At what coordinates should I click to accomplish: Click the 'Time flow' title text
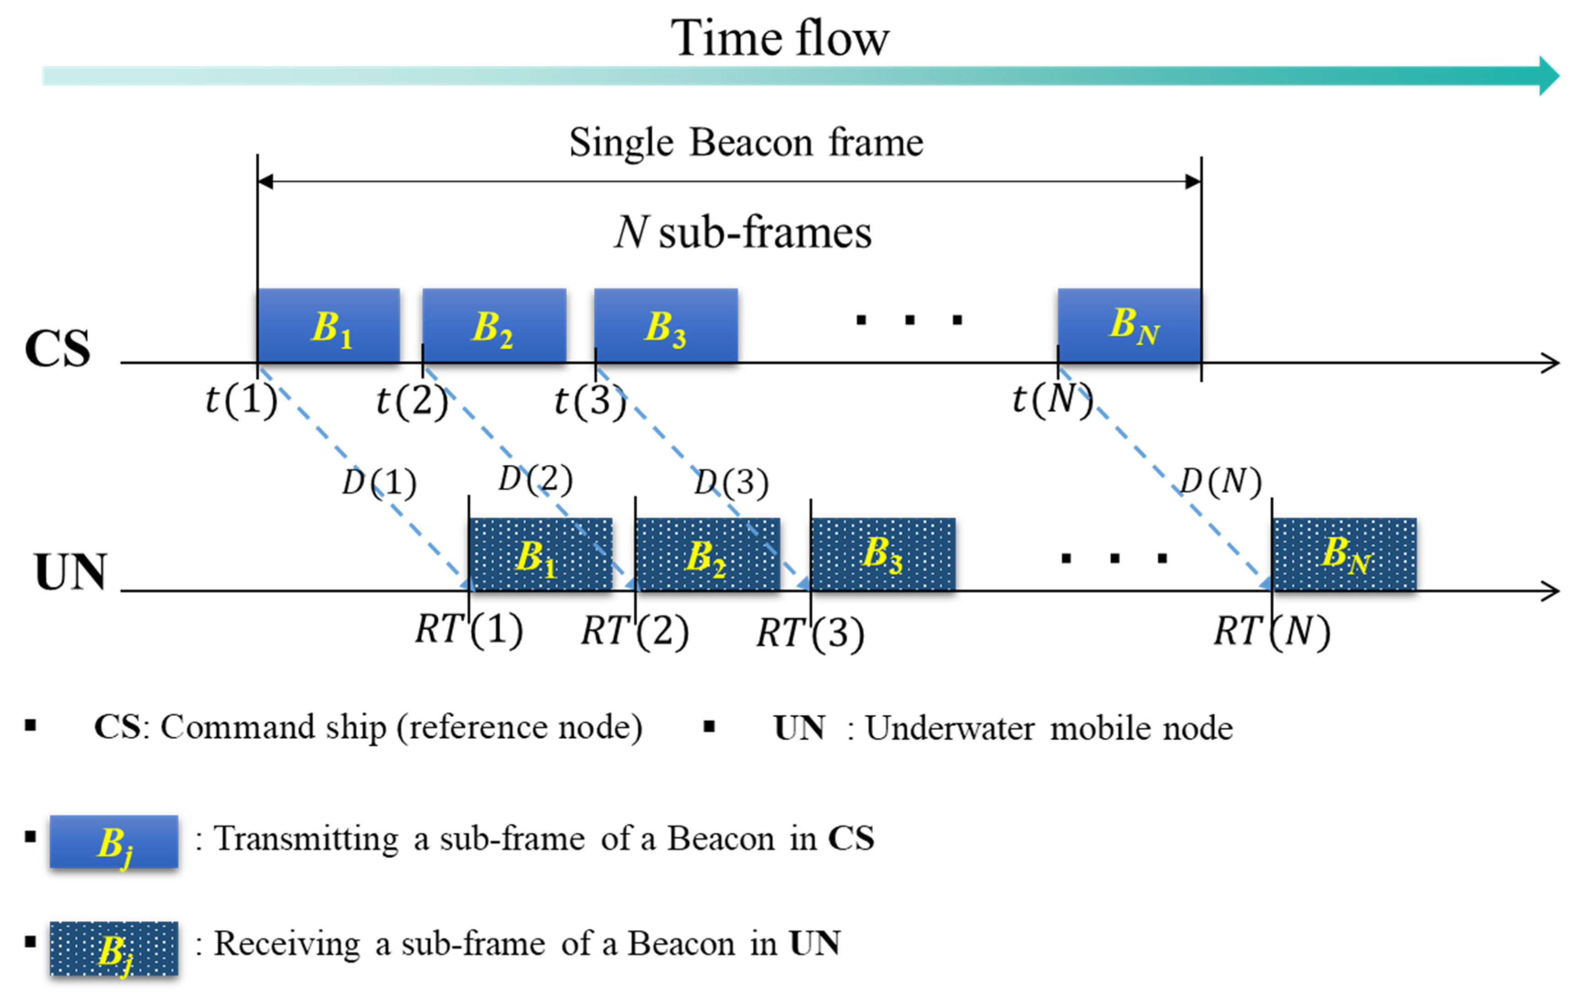(779, 38)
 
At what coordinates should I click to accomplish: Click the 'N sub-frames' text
(743, 232)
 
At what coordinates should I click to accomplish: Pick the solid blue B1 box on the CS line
(329, 326)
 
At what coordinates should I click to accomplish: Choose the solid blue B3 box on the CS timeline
(665, 326)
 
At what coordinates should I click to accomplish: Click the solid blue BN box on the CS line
(1129, 326)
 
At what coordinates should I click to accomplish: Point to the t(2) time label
(411, 400)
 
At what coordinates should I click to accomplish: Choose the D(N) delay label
(1220, 482)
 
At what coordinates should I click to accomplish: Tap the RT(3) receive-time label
(810, 633)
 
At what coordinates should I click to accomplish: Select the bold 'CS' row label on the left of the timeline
(58, 348)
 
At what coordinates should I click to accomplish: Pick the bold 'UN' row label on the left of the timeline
(70, 572)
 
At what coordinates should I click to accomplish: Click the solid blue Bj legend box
(114, 841)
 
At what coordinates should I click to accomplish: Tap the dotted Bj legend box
(114, 948)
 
